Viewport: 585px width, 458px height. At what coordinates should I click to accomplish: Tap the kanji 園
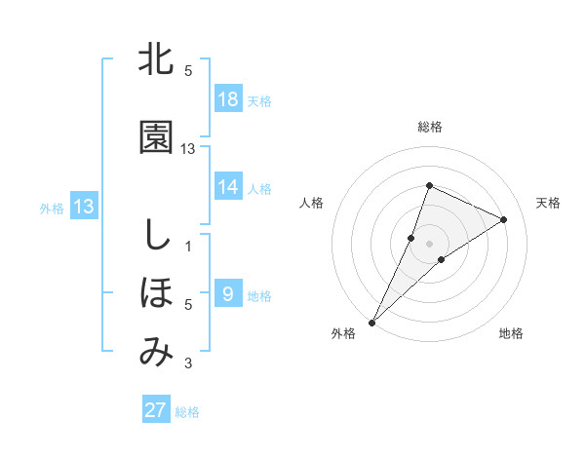[156, 137]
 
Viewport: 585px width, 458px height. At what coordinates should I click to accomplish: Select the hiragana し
[156, 235]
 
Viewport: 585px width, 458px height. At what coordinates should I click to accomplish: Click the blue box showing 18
[228, 100]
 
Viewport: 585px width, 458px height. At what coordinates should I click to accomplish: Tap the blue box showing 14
[228, 187]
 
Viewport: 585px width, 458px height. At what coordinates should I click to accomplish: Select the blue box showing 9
[228, 293]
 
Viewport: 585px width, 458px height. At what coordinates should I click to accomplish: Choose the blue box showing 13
[84, 206]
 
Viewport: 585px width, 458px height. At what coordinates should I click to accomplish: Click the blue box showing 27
[156, 410]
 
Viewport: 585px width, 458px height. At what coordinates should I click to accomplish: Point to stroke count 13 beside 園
[188, 148]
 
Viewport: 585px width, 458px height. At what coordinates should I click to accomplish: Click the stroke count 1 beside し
[188, 246]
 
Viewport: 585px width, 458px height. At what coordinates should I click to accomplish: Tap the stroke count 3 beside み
[188, 364]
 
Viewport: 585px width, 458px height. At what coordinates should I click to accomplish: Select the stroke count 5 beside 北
[188, 71]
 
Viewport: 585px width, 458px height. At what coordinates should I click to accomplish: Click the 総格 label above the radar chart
[430, 127]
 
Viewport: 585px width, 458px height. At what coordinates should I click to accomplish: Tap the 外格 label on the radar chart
[343, 333]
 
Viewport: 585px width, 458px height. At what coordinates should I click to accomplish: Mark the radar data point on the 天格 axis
[504, 219]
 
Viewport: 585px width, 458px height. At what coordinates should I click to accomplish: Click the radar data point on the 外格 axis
[371, 322]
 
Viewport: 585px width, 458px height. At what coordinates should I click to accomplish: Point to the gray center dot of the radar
[430, 243]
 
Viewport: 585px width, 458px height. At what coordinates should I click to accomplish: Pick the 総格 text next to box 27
[187, 412]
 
